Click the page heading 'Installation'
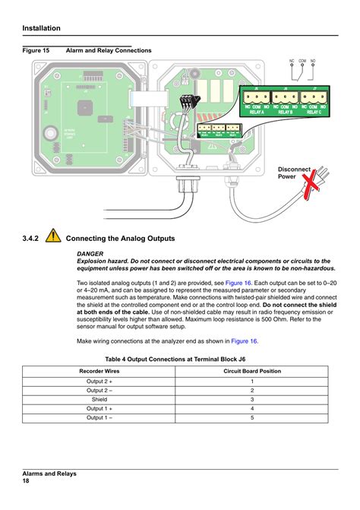point(42,28)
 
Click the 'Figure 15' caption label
point(36,51)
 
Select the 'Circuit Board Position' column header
point(251,371)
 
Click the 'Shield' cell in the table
point(99,399)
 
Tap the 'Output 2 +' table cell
point(99,381)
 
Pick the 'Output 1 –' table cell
point(99,417)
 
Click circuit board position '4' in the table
point(251,408)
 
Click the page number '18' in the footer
point(26,481)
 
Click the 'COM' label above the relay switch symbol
point(302,59)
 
